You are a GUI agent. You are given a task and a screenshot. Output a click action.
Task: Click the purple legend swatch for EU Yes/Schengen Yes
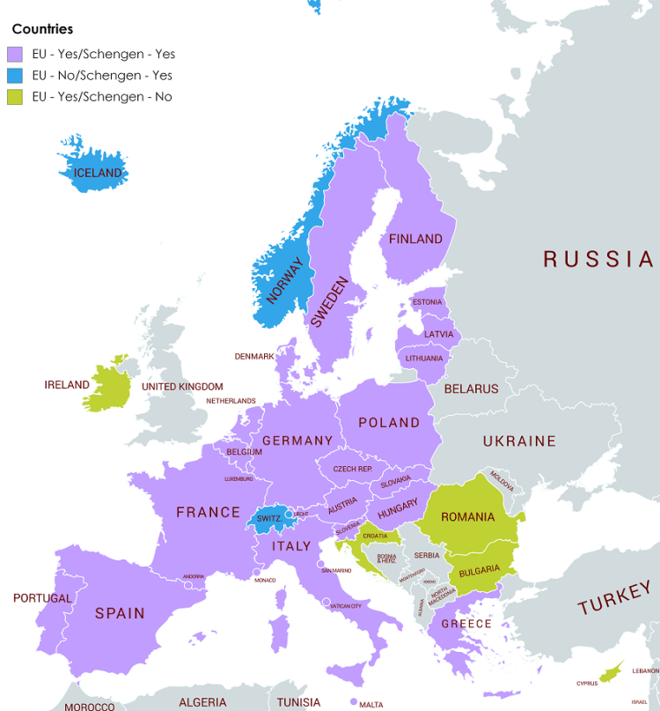point(15,55)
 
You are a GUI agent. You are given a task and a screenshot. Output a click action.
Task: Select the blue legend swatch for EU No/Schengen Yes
point(15,76)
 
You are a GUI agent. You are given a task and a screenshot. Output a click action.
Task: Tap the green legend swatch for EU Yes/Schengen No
point(15,97)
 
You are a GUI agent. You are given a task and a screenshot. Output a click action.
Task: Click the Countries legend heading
point(42,29)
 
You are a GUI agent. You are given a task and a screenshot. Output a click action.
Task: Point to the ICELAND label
point(98,174)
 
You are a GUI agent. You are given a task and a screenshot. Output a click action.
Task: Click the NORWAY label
point(285,281)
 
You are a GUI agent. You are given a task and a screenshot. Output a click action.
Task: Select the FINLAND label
point(415,239)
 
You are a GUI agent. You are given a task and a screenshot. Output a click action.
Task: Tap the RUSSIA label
point(598,259)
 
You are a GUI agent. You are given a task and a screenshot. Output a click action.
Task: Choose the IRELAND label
point(67,385)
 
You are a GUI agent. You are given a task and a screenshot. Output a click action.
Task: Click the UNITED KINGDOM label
point(182,387)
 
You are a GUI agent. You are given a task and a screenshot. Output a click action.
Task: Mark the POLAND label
point(389,423)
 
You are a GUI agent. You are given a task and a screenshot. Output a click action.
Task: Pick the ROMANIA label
point(467,517)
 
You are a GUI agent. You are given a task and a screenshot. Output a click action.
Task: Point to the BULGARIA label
point(479,570)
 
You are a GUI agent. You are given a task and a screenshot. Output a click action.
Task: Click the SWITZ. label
point(269,519)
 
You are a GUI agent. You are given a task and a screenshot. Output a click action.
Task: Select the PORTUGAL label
point(42,598)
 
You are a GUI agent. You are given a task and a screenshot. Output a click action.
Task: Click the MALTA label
point(370,704)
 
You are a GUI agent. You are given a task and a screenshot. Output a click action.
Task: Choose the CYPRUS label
point(587,683)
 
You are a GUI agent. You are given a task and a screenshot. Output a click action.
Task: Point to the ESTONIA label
point(427,302)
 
